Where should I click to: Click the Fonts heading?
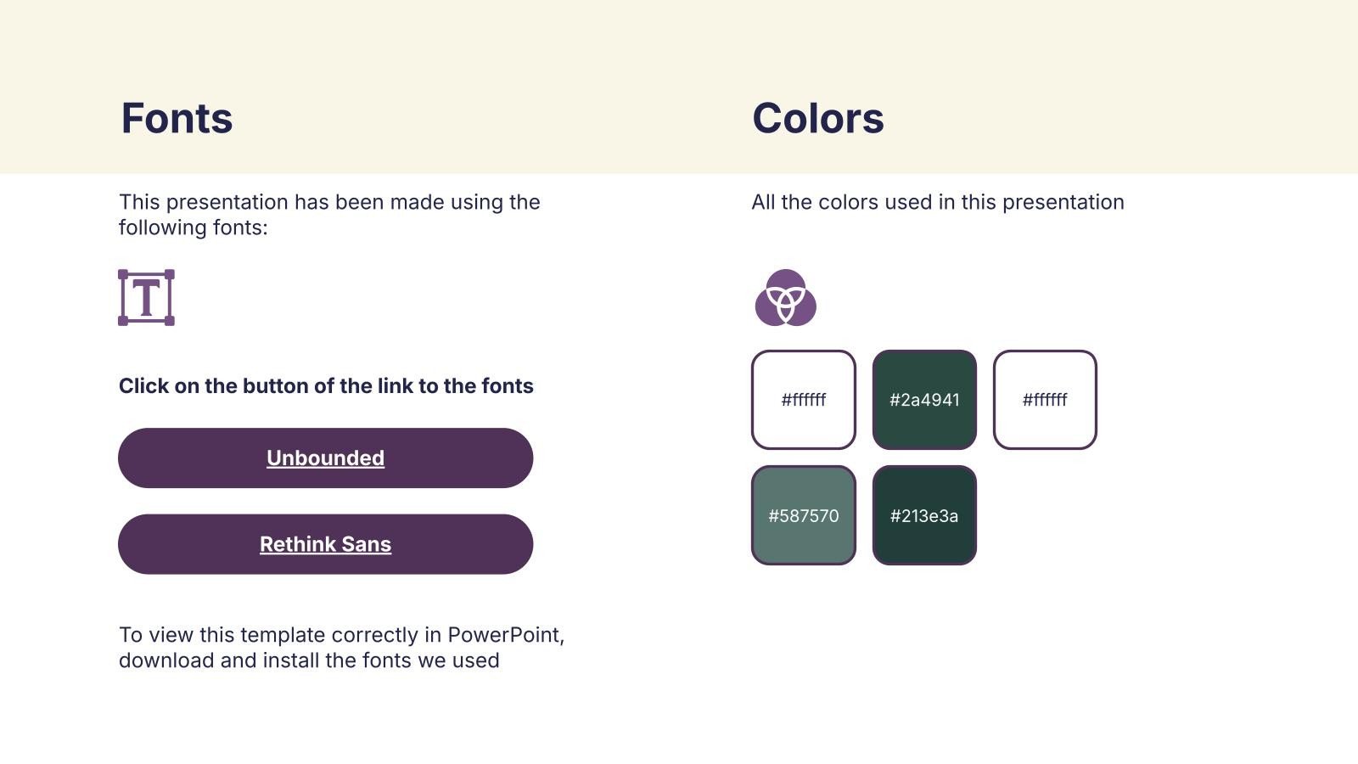[x=177, y=118]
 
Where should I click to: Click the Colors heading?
[x=818, y=118]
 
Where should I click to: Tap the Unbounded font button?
[x=326, y=458]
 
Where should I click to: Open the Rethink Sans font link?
[x=326, y=544]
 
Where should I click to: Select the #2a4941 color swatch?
[x=924, y=400]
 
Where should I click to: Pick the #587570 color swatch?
[x=803, y=515]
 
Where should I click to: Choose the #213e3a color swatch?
[x=924, y=515]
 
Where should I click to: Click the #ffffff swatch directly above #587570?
[x=803, y=400]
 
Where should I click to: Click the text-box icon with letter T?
[x=146, y=298]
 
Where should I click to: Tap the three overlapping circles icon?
[x=786, y=298]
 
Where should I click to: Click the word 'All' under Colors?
[x=763, y=202]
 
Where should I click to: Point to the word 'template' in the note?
[x=283, y=636]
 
